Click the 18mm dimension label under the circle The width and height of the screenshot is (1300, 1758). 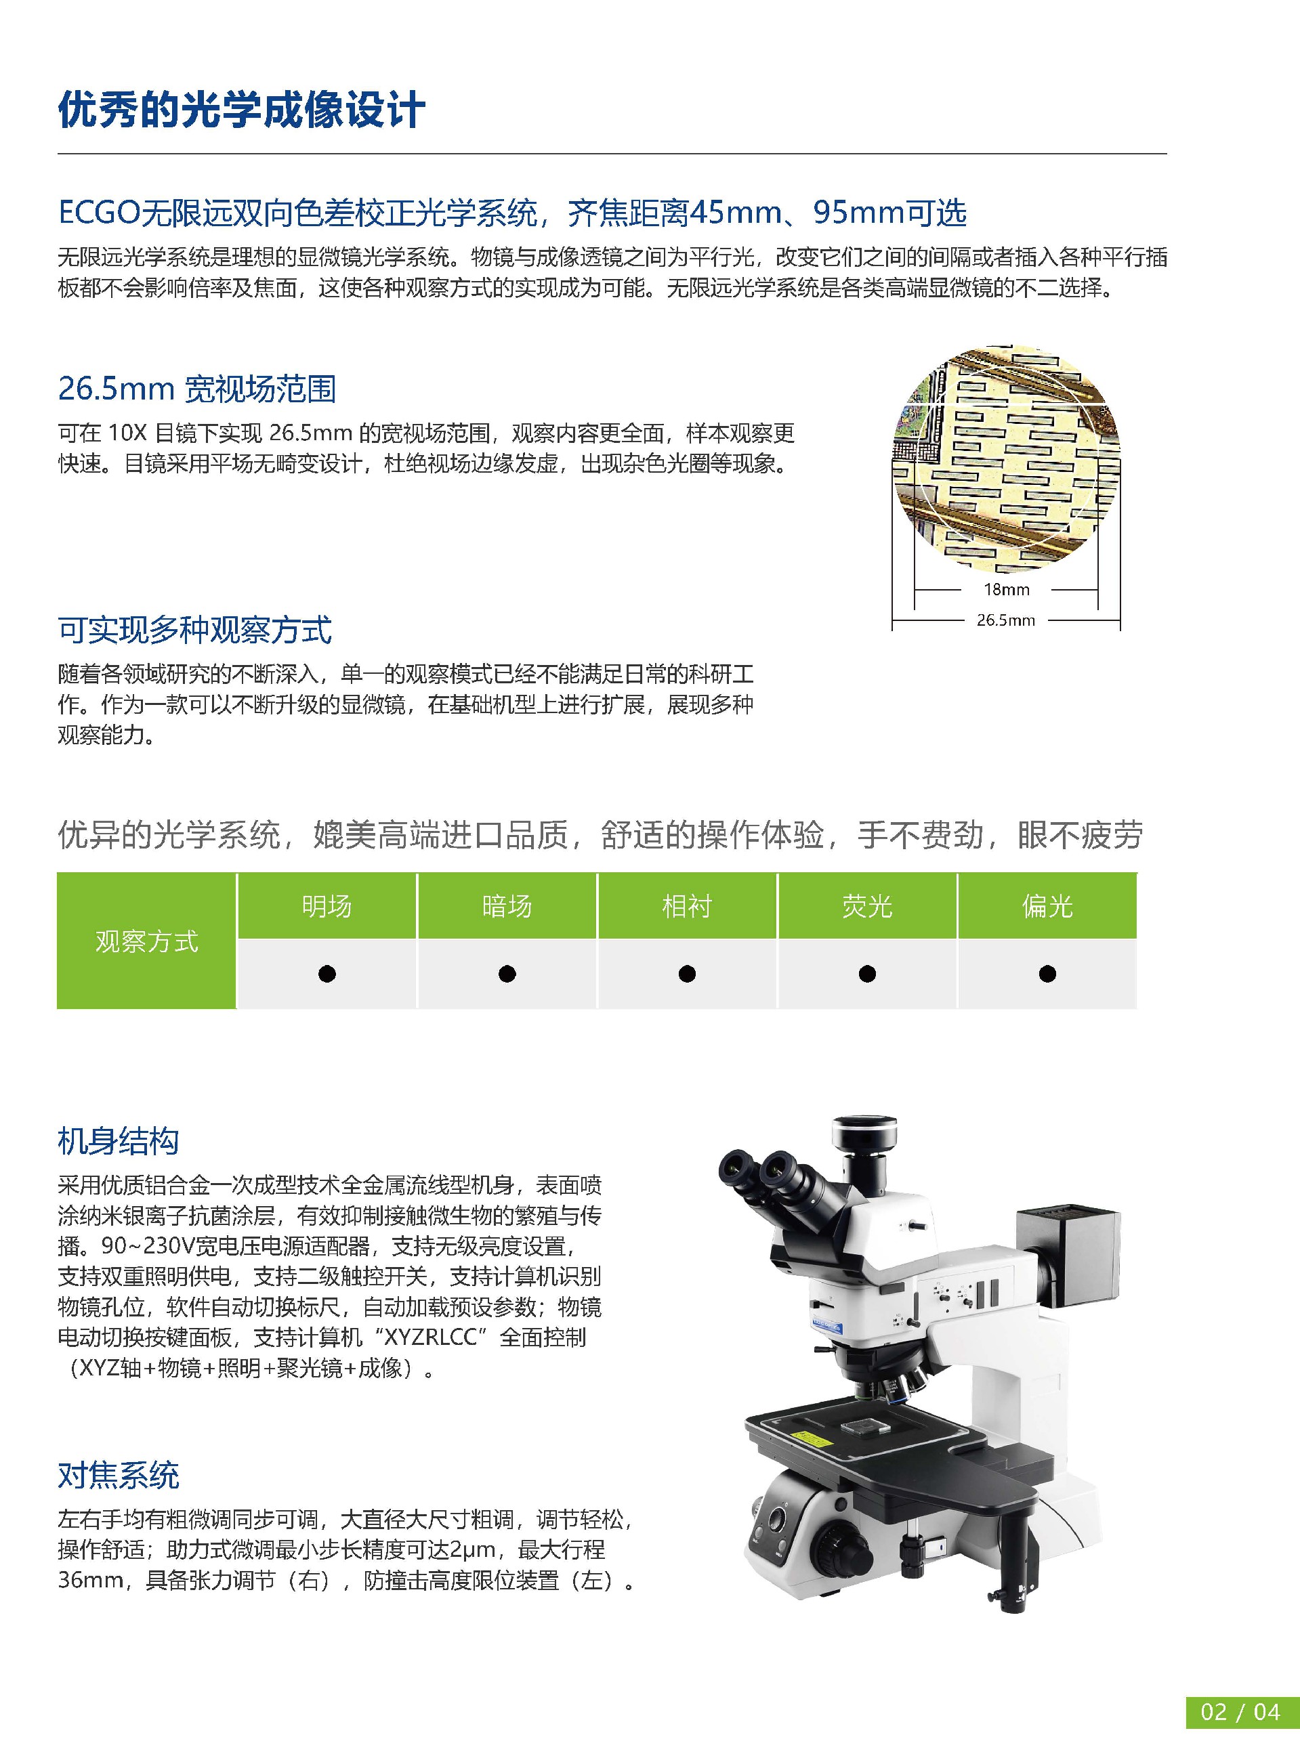[1006, 589]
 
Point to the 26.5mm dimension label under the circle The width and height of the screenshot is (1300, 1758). [1006, 620]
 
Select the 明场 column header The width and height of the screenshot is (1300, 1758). [327, 906]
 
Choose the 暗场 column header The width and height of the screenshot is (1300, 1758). [507, 906]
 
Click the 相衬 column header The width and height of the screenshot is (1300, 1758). [687, 906]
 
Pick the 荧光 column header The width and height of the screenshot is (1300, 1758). [867, 906]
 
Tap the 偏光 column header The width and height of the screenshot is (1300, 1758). [1047, 906]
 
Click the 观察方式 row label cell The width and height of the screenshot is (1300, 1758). [146, 941]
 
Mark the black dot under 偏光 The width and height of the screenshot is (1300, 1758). [1047, 974]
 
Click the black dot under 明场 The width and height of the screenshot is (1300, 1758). [327, 974]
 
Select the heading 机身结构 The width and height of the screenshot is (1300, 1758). [119, 1140]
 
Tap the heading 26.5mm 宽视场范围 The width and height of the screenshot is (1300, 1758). [196, 389]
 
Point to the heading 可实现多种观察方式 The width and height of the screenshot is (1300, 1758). [194, 629]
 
